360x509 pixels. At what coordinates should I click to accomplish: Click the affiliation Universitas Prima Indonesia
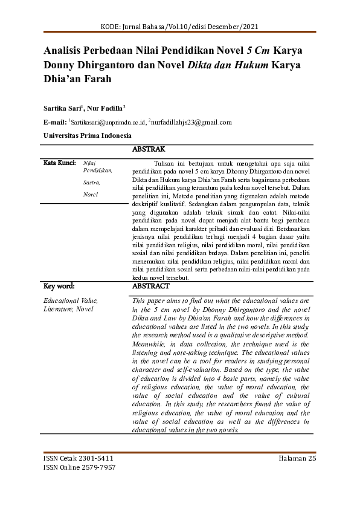click(87, 135)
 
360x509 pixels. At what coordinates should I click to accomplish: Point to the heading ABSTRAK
click(148, 149)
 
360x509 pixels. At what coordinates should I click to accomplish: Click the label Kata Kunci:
click(59, 163)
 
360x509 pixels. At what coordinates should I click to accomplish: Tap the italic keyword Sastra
click(91, 182)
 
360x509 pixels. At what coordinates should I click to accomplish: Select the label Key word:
click(59, 286)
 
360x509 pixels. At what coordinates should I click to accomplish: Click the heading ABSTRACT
click(150, 286)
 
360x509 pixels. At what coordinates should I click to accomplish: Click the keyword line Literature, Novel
click(68, 309)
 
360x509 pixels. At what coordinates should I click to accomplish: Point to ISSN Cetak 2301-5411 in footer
click(79, 458)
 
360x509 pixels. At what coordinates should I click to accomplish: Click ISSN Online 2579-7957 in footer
click(80, 467)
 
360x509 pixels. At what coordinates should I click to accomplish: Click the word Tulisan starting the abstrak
click(166, 164)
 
